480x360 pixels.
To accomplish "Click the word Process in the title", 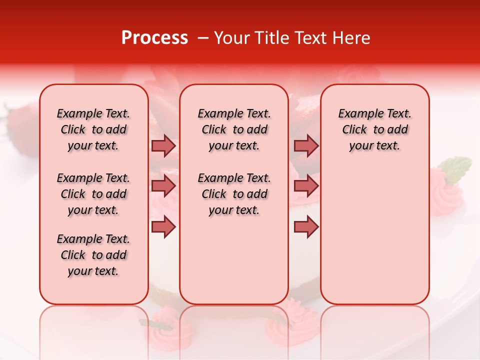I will (x=154, y=38).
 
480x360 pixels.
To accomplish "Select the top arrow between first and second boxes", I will (x=163, y=145).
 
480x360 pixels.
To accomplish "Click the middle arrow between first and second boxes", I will (x=163, y=186).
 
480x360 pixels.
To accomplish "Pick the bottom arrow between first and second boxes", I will (x=163, y=226).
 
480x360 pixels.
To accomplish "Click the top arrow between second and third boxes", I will (x=306, y=145).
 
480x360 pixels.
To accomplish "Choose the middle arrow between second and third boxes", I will (x=306, y=186).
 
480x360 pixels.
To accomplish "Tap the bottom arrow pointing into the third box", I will (x=306, y=226).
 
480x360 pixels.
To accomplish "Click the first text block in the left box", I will (x=93, y=129).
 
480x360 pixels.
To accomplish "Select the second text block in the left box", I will (x=93, y=194).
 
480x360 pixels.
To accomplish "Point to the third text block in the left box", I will (x=93, y=255).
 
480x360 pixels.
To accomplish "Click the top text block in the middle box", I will (x=234, y=129).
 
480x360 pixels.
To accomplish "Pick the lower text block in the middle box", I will (x=234, y=194).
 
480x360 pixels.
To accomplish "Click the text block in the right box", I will (x=374, y=129).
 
